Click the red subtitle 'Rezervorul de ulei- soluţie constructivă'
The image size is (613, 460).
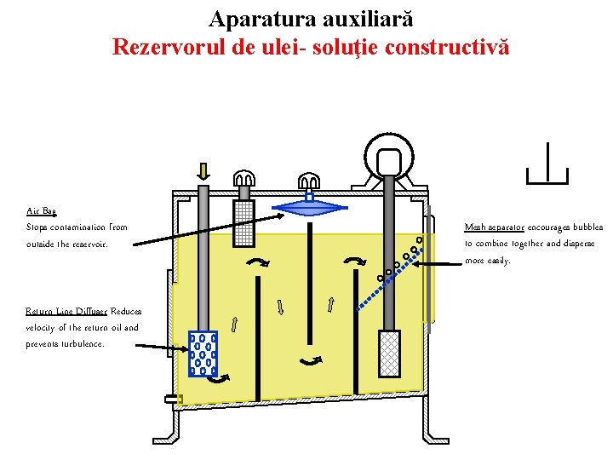(311, 46)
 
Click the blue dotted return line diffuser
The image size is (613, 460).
(203, 354)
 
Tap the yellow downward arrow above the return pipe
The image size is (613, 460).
(203, 171)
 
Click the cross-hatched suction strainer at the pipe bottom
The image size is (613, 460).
(389, 353)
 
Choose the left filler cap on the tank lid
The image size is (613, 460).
(243, 179)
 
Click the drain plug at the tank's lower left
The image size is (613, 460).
(174, 399)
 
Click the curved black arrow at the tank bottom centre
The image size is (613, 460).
(309, 361)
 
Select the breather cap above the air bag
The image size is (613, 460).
(308, 181)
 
